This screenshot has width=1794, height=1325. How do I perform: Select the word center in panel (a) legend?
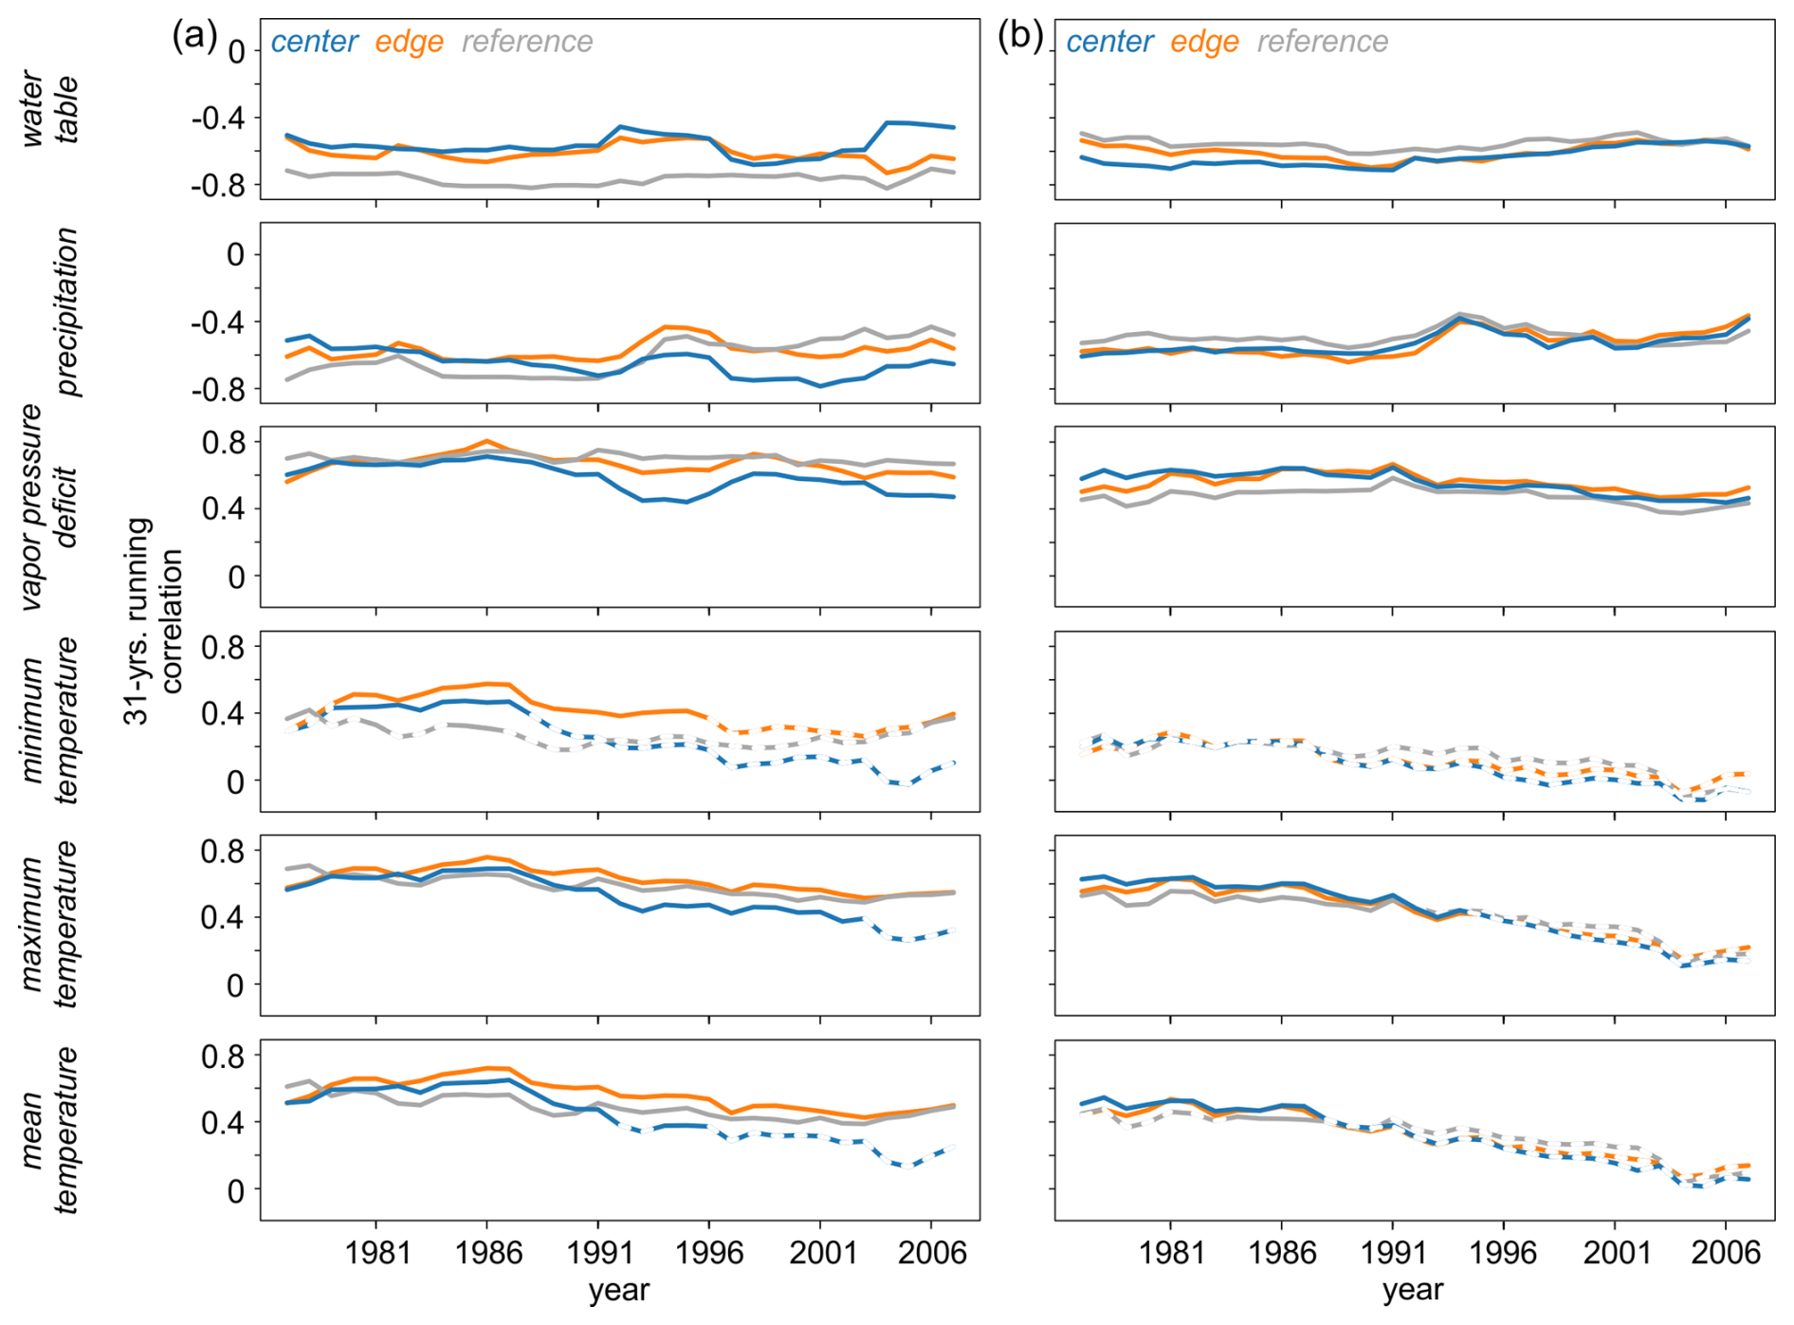314,42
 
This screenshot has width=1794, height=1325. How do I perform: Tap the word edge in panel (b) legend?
1204,42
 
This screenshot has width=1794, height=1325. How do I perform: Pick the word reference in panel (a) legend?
527,42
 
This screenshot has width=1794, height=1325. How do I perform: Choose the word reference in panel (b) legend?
1323,42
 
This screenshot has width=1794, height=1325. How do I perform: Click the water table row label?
49,108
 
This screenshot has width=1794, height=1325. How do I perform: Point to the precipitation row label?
66,312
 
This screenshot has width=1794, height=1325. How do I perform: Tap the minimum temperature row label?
49,721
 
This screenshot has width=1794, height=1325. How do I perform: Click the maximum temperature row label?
49,925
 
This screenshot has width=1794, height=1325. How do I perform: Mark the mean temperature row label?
49,1130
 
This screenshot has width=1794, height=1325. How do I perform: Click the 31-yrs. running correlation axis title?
153,621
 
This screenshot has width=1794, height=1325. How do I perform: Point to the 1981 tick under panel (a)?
376,1253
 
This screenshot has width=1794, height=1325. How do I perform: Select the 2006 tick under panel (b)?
1726,1253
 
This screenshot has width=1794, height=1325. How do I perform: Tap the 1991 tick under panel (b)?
1393,1253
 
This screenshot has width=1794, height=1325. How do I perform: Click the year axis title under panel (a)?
618,1291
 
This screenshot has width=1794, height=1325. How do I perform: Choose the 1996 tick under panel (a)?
709,1253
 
